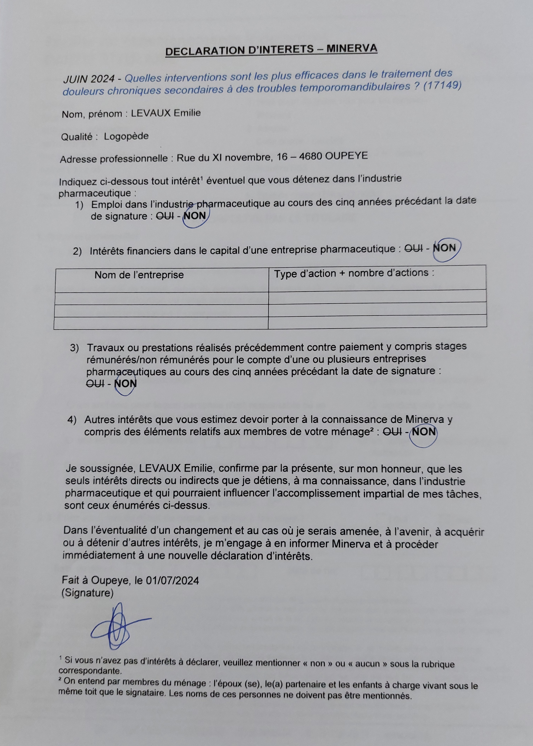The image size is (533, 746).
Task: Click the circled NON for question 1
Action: pyautogui.click(x=195, y=216)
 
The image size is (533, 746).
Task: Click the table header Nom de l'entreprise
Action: pyautogui.click(x=139, y=275)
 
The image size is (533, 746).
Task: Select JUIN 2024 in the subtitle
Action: pyautogui.click(x=89, y=79)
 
